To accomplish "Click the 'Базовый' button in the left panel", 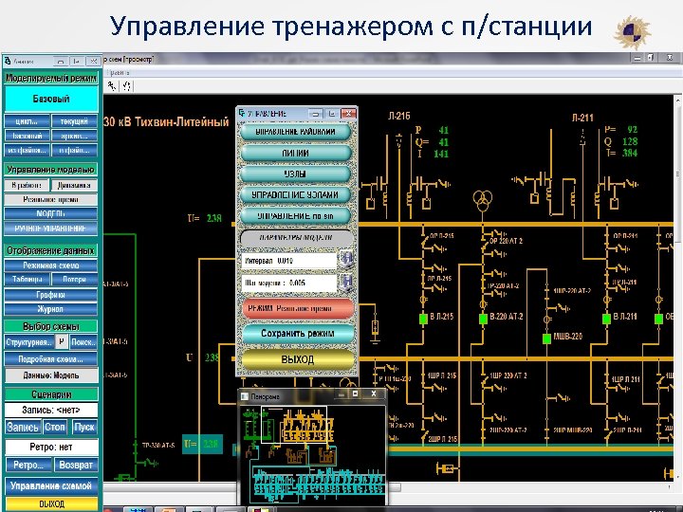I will click(51, 99).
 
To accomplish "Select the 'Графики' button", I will click(51, 295).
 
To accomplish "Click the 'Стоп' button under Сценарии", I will click(55, 428).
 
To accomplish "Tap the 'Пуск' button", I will click(84, 428).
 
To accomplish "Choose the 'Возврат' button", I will click(75, 466).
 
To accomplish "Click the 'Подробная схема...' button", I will click(51, 358).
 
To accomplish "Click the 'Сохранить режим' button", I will click(297, 334).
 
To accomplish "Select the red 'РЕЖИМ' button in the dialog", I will click(297, 308).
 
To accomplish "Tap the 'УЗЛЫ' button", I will click(297, 174).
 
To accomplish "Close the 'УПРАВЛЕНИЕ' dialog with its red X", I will click(348, 112).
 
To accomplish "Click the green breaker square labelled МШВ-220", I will click(545, 338).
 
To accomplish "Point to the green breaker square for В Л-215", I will click(422, 317).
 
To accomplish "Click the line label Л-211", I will click(582, 118).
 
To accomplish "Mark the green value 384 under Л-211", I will click(630, 153).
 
